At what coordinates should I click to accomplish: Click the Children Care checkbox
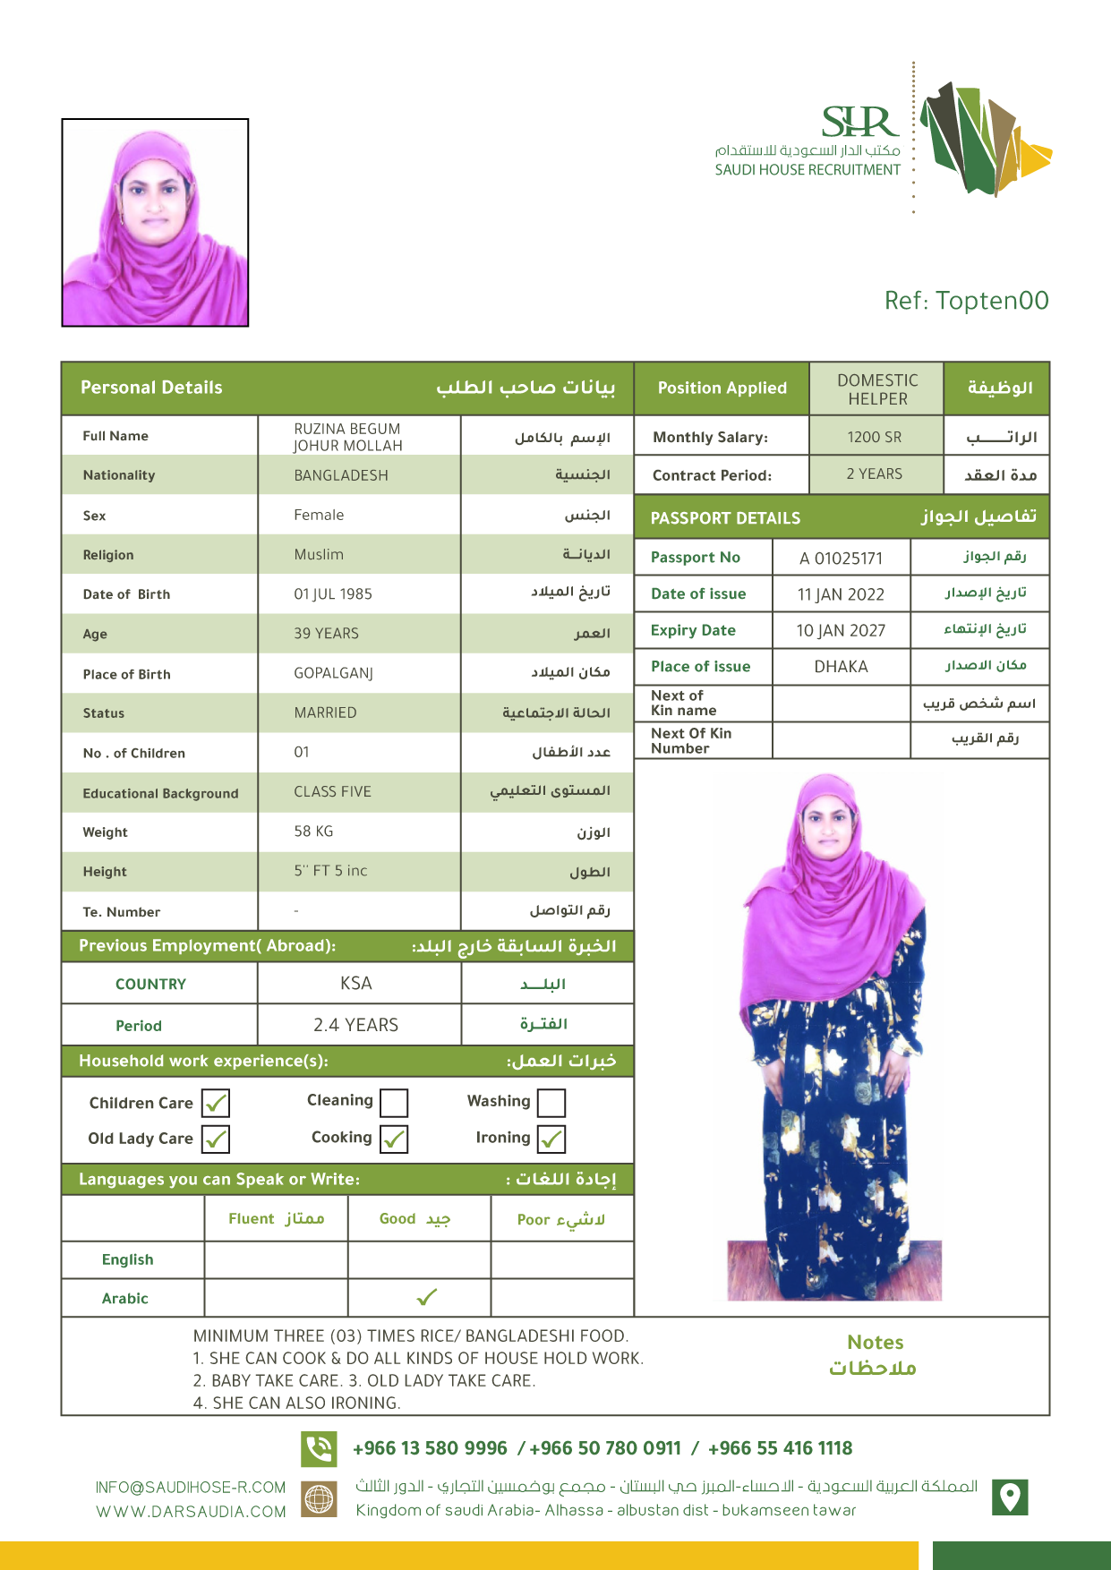(x=216, y=1103)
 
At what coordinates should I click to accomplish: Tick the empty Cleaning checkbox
(x=394, y=1102)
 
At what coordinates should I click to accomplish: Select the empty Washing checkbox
(x=551, y=1102)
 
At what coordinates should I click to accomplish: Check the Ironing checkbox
(x=551, y=1139)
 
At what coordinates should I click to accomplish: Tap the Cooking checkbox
(x=394, y=1139)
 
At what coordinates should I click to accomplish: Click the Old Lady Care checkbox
(x=216, y=1139)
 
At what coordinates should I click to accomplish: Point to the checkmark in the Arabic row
(x=427, y=1297)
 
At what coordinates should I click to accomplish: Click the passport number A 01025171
(x=841, y=559)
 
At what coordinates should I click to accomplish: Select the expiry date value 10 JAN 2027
(x=841, y=631)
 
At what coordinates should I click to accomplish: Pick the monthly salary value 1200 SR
(x=875, y=437)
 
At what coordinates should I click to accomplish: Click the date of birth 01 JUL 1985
(x=333, y=594)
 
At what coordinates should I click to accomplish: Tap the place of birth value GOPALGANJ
(x=333, y=673)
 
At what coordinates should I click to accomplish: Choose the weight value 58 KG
(x=313, y=832)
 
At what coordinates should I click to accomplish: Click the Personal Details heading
(x=151, y=388)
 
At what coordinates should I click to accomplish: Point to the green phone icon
(x=319, y=1448)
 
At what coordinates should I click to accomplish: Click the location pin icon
(x=1010, y=1497)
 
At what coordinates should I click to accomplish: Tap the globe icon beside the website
(x=319, y=1498)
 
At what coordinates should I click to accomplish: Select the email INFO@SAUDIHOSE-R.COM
(x=191, y=1488)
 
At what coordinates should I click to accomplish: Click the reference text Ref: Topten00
(x=966, y=301)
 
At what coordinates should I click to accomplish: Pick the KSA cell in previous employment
(x=356, y=983)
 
